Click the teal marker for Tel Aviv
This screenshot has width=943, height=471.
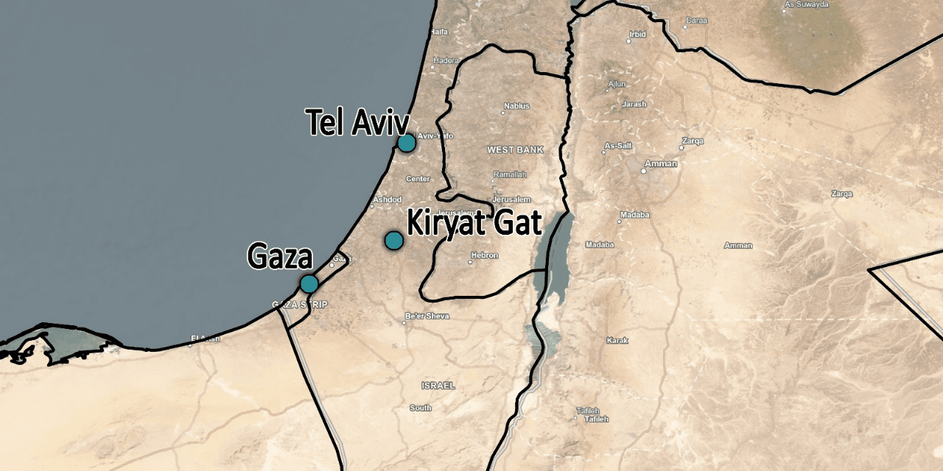(406, 143)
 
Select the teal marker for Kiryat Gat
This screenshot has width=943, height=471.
(394, 240)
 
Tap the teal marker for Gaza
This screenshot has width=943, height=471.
(309, 283)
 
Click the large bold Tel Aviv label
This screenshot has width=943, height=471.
(357, 122)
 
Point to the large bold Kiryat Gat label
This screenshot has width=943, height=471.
(474, 222)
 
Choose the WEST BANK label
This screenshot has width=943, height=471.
(515, 150)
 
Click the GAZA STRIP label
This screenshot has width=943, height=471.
(300, 305)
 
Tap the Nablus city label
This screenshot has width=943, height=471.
(516, 106)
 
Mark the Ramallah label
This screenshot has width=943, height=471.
(510, 174)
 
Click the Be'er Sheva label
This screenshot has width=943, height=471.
(427, 316)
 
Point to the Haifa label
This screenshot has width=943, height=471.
(439, 32)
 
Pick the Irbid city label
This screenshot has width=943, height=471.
(637, 34)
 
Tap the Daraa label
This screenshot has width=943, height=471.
(696, 21)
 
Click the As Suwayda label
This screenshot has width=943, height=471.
(808, 4)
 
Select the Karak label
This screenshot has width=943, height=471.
(617, 341)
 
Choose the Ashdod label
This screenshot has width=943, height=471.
(388, 200)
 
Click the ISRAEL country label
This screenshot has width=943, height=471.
(438, 386)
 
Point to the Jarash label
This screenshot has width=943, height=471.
(634, 105)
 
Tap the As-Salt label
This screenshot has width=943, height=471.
(617, 146)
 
